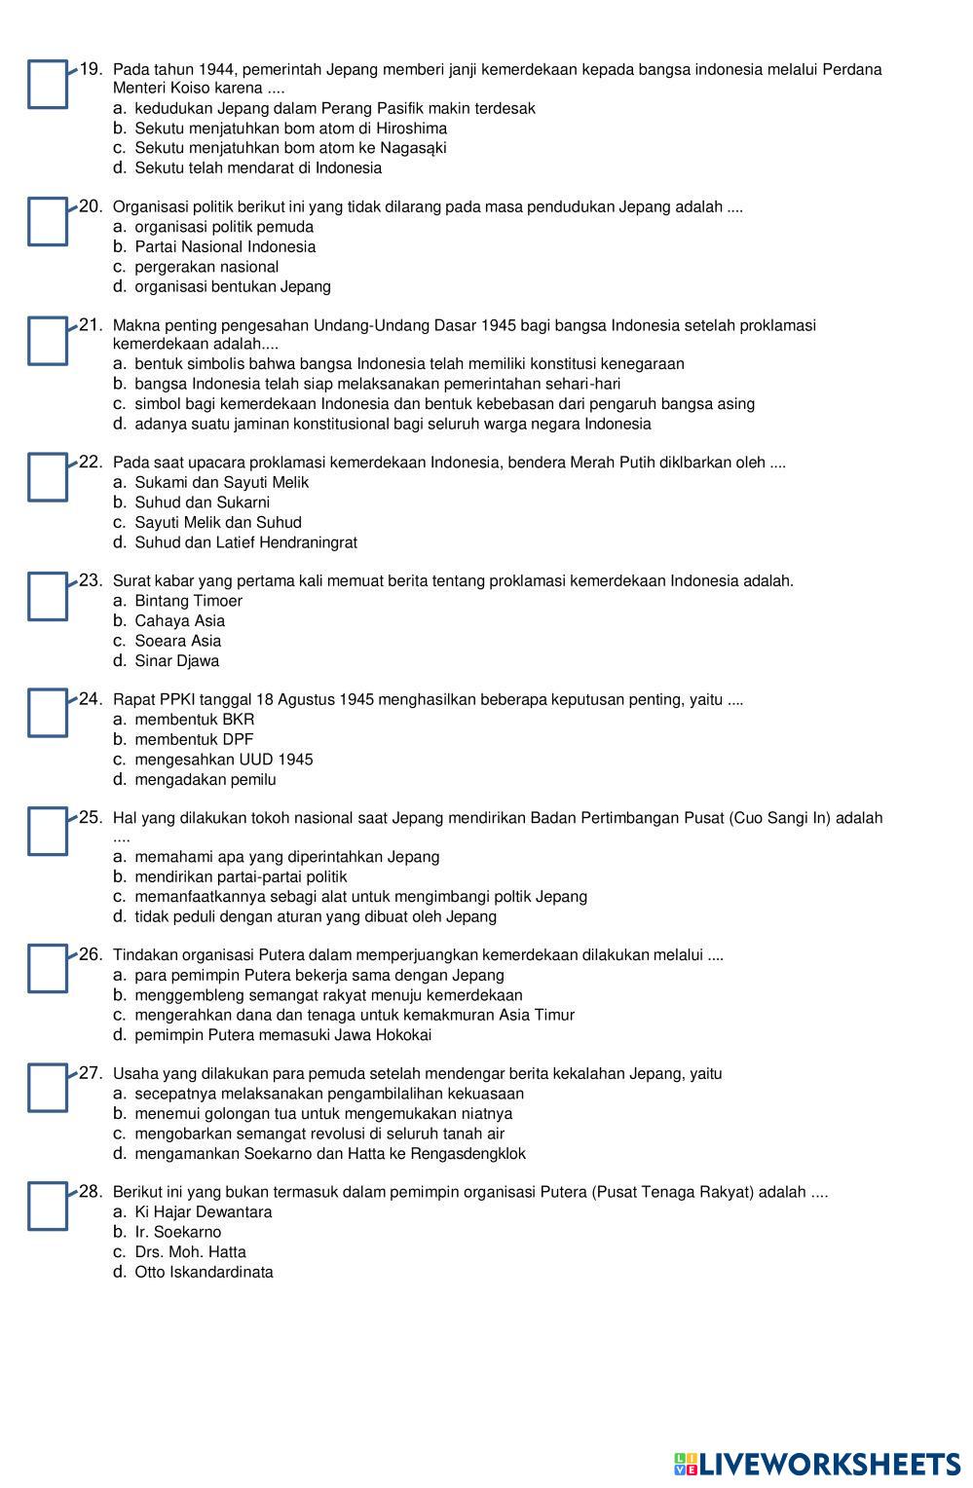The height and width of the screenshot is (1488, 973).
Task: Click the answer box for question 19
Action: coord(48,85)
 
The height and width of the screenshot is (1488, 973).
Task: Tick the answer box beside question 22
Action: coord(48,477)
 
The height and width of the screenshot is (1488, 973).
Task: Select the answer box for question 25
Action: coord(48,832)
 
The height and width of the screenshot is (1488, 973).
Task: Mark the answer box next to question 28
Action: coord(48,1206)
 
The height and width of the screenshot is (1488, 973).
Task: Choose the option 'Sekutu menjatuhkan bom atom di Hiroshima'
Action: coord(290,129)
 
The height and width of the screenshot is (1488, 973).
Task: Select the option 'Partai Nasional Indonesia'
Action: coord(225,247)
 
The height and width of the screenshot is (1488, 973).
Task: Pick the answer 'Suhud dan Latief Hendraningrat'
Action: coord(245,542)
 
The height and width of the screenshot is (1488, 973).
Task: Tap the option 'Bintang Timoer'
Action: coord(188,601)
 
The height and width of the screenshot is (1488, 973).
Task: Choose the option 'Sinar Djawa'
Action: coord(176,661)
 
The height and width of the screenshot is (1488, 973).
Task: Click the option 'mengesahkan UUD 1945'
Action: coord(223,760)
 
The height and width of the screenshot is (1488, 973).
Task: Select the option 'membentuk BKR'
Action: coord(194,720)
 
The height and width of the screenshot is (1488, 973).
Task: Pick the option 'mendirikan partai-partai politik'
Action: coord(241,877)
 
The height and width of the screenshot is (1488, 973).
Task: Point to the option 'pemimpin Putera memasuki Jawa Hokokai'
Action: coord(282,1035)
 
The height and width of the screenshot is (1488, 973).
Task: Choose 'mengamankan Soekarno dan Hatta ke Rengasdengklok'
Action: coord(329,1154)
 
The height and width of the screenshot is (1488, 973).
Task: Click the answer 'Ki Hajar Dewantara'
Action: coord(203,1212)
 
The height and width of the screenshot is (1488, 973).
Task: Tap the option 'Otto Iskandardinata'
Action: coord(204,1273)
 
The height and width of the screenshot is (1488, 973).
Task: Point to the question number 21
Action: coord(91,324)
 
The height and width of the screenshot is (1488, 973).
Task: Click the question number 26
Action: coord(91,954)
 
